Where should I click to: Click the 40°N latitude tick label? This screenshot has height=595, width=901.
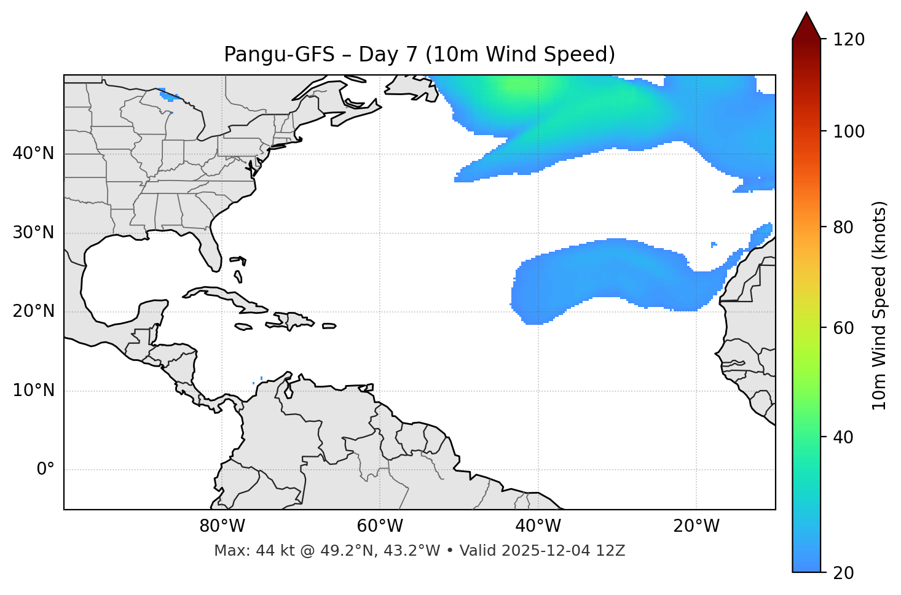point(33,154)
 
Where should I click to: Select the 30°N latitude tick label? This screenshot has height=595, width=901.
point(33,233)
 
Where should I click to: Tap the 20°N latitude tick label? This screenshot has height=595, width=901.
point(33,311)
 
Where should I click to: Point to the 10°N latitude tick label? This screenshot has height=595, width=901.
point(33,391)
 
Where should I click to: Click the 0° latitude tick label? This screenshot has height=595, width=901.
point(45,470)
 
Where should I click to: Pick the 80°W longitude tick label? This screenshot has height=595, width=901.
point(222,526)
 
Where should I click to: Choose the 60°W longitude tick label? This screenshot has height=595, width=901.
point(380,526)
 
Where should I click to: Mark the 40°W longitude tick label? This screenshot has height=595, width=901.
point(538,526)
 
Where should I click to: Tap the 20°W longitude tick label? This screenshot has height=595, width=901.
point(696,526)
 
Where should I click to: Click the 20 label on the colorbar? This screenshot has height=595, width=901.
point(843,573)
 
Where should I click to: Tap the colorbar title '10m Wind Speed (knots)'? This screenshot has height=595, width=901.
point(879,305)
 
